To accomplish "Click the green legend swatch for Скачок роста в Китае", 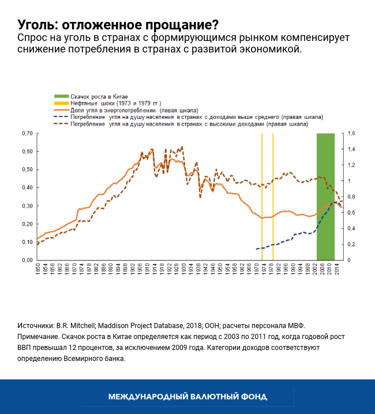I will click(61, 96).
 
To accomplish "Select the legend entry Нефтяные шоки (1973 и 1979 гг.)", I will click(115, 103).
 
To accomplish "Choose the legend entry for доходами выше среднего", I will click(196, 116).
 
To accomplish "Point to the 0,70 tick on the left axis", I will click(26, 133).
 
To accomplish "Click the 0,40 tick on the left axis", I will click(26, 187).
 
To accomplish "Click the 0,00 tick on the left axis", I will click(26, 260).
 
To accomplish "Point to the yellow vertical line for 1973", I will click(262, 173).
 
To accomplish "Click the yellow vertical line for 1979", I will click(273, 173).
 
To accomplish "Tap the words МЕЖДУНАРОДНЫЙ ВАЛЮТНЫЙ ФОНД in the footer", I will click(187, 397).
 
